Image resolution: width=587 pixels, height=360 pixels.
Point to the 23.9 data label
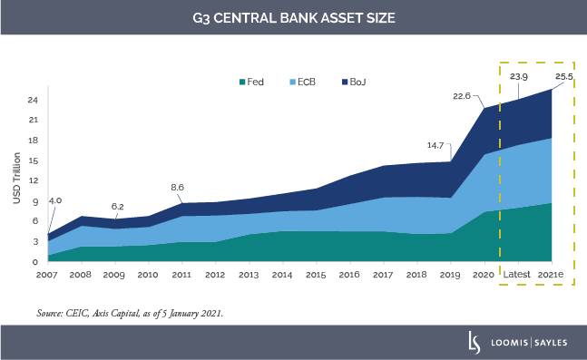coord(520,76)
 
